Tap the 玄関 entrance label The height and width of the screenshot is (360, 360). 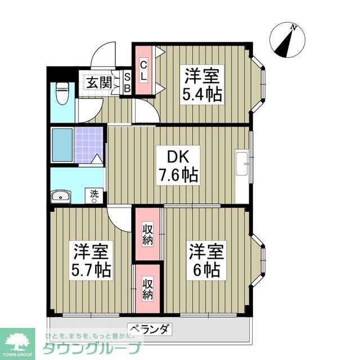click(99, 82)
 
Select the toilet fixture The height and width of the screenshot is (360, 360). click(62, 93)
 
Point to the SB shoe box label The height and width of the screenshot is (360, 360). click(127, 82)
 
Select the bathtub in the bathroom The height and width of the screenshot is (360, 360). click(61, 145)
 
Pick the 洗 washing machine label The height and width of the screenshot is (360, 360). click(95, 194)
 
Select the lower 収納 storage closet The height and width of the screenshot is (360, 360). click(147, 287)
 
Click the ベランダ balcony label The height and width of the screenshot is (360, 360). click(149, 329)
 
